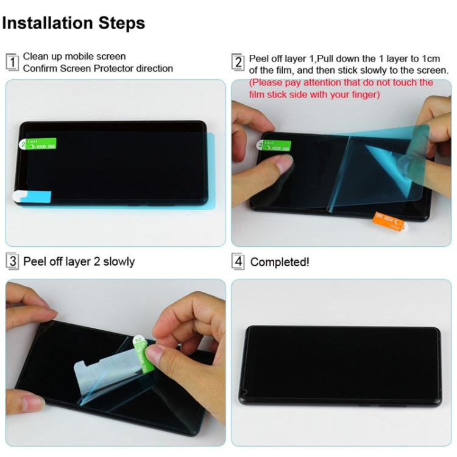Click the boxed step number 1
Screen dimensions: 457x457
(x=12, y=62)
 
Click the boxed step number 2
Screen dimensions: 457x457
(x=238, y=62)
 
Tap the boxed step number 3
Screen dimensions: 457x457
(x=12, y=261)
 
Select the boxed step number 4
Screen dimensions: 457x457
(x=238, y=261)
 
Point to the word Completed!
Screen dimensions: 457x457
(x=280, y=262)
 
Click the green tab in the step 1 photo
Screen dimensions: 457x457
(x=38, y=144)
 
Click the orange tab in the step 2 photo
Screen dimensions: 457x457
(x=388, y=221)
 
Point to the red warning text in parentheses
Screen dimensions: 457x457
(x=341, y=88)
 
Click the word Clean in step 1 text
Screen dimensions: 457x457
(x=35, y=57)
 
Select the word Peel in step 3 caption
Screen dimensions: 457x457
(x=35, y=261)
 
